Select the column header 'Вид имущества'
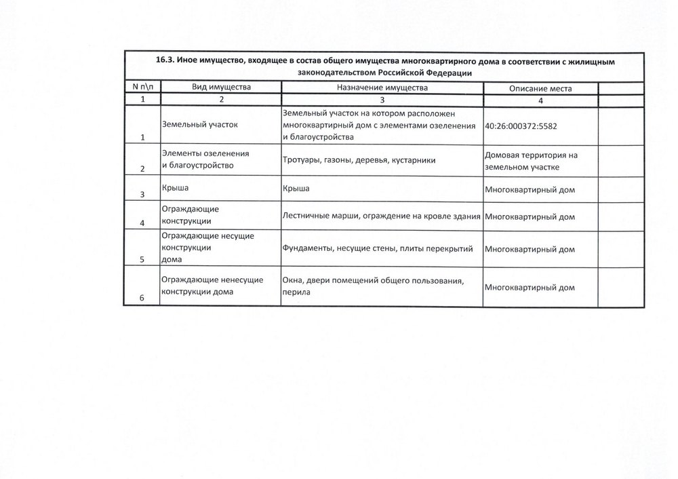click(x=221, y=88)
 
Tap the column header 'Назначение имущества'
click(x=382, y=88)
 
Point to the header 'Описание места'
click(x=540, y=89)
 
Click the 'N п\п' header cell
click(x=142, y=88)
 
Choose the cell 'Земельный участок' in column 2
click(x=199, y=125)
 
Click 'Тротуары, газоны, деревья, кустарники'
click(x=358, y=160)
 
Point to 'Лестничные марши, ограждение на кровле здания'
click(x=381, y=216)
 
